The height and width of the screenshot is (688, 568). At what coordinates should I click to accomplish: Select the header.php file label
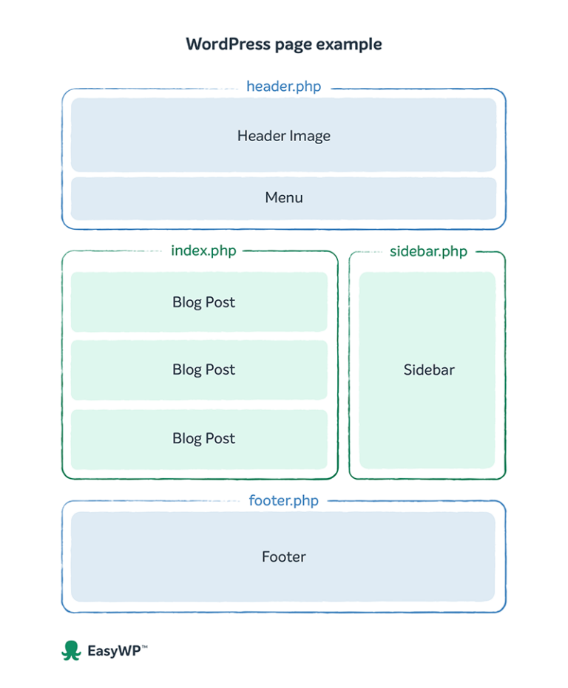point(284,86)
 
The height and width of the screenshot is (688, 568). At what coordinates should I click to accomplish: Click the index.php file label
point(203,251)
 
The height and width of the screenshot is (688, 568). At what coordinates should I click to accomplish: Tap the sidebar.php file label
point(428,252)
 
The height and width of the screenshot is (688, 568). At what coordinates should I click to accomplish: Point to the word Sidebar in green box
point(429,370)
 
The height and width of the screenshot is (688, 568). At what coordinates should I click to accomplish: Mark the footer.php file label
point(284,501)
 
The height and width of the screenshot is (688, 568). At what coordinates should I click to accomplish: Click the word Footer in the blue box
point(284,557)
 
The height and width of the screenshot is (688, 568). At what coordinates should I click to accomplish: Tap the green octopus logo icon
point(71,650)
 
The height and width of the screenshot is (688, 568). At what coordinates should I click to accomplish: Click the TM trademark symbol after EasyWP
point(144,647)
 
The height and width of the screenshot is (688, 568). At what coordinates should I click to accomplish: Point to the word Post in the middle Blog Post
point(221,370)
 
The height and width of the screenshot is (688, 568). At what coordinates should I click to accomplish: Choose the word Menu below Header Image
point(284,198)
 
